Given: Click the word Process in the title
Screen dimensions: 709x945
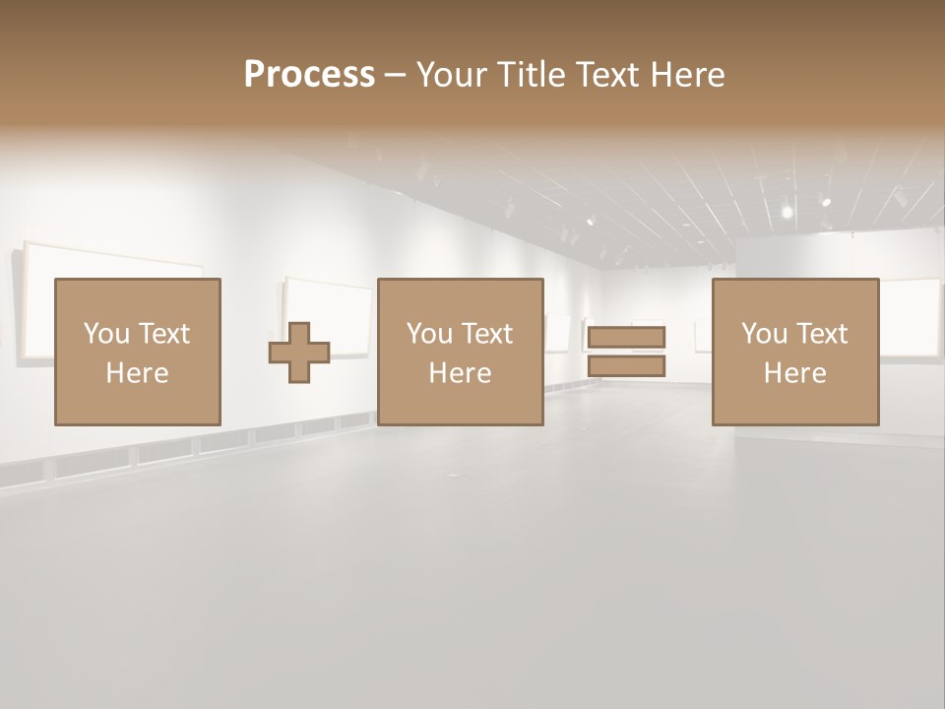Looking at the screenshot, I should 309,75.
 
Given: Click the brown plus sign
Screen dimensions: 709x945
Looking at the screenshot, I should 300,353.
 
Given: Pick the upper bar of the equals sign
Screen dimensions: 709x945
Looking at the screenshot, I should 626,338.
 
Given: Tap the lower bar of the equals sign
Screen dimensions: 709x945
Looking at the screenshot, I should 626,366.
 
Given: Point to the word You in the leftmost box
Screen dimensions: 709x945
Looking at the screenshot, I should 106,334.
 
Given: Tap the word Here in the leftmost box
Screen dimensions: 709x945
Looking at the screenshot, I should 137,373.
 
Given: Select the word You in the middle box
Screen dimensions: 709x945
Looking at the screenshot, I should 429,334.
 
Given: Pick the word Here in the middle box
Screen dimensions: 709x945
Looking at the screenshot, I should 460,373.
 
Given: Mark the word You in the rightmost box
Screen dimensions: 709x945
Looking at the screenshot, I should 764,334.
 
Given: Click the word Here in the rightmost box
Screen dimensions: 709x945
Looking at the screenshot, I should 794,373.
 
